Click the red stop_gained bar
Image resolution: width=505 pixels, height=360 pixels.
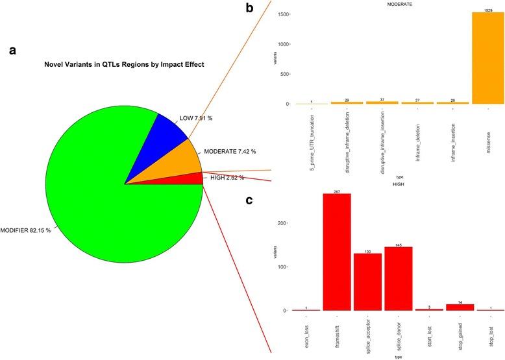(x=460, y=307)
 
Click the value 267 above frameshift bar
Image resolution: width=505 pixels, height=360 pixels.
(x=337, y=191)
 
